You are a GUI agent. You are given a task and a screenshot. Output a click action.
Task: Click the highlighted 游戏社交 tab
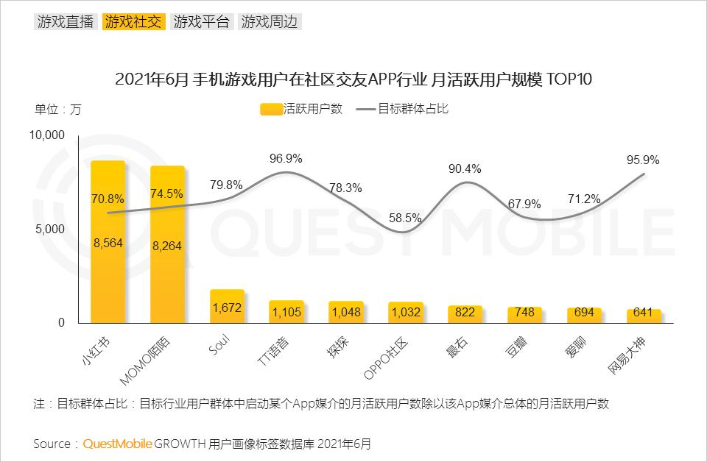point(133,21)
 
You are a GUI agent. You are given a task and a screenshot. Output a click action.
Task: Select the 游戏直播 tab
point(65,21)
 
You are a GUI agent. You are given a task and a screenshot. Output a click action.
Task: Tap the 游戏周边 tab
point(270,21)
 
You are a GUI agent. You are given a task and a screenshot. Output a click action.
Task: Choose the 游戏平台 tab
point(201,21)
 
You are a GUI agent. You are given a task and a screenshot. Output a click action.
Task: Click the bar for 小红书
point(108,243)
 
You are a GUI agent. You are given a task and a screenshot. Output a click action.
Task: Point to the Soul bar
point(227,306)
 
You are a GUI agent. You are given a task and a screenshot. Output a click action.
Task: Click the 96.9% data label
point(286,158)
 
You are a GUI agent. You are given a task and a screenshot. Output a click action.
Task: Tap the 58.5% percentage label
point(406,218)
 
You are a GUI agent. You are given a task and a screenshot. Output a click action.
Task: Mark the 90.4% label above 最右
point(465,168)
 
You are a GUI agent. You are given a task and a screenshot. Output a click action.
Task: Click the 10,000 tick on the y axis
point(47,135)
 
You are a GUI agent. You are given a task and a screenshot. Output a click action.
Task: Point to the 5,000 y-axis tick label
point(51,229)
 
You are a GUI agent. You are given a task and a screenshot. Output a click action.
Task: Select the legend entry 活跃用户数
point(303,109)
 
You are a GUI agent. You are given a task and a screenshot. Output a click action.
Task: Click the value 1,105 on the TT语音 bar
point(286,313)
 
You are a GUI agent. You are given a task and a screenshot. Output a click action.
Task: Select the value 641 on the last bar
point(643,313)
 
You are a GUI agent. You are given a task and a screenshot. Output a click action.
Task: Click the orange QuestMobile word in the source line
point(118,444)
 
